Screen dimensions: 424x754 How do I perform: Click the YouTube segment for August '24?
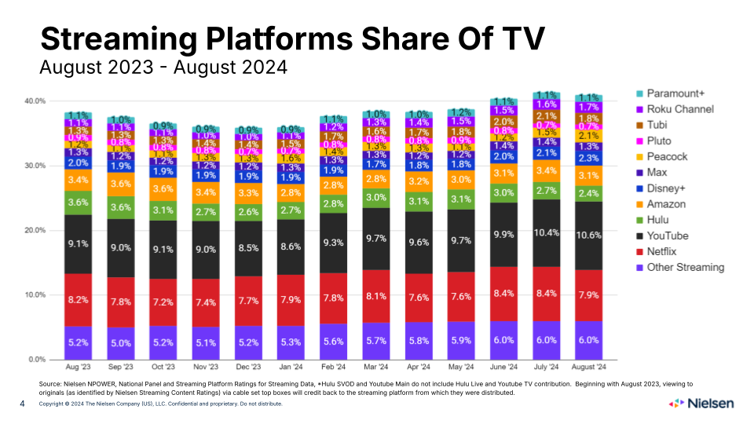tap(589, 236)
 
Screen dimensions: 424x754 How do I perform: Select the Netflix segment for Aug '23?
tap(78, 299)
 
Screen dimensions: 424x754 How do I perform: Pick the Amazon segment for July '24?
tap(547, 170)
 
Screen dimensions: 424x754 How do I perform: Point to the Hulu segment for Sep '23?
tap(120, 207)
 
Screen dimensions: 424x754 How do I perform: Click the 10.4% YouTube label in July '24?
tap(547, 233)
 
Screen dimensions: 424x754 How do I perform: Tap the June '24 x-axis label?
tap(503, 367)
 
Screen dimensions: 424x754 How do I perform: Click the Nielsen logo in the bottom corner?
tap(701, 403)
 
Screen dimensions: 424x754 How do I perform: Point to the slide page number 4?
tap(22, 403)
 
